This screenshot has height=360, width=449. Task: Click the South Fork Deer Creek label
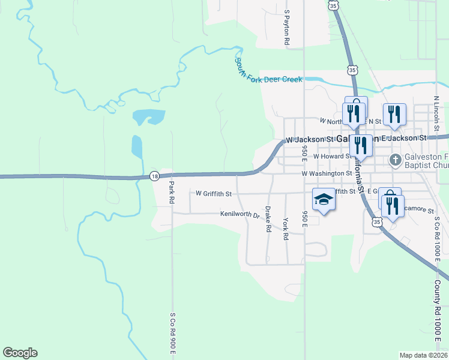click(269, 71)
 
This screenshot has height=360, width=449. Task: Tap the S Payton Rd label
click(288, 28)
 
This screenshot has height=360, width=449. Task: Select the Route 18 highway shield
click(155, 176)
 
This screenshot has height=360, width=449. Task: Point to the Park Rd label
click(171, 193)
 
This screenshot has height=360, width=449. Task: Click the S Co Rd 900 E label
click(172, 332)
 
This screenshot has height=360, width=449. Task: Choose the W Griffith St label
click(214, 194)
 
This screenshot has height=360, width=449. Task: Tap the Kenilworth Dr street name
click(239, 214)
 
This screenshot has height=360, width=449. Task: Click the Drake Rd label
click(268, 220)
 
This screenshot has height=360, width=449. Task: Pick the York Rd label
click(286, 229)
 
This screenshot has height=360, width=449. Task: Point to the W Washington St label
click(327, 173)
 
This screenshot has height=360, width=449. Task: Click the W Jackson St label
click(309, 139)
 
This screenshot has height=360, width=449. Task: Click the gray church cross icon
click(395, 160)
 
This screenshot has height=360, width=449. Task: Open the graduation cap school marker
click(324, 200)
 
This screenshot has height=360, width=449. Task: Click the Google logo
click(20, 353)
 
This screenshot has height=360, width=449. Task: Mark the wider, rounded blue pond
click(148, 116)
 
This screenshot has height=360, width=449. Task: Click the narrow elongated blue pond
click(137, 147)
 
